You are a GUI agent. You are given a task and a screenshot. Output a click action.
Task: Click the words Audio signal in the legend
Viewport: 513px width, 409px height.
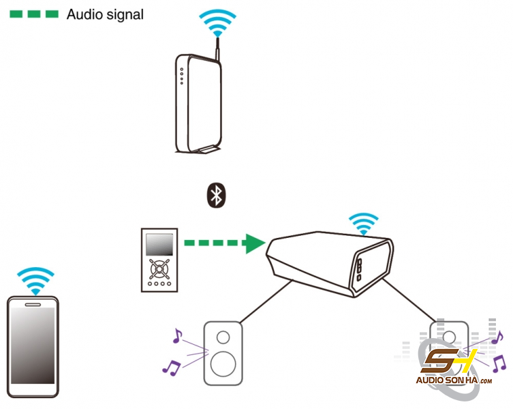point(105,14)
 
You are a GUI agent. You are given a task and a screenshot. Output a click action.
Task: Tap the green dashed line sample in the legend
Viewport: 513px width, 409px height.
point(35,14)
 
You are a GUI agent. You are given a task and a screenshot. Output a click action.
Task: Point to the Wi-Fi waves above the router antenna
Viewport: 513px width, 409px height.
point(217,23)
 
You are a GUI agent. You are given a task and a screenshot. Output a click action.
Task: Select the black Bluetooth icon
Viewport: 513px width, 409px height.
point(216,196)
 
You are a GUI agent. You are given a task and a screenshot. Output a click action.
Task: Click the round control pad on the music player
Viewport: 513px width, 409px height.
point(158,268)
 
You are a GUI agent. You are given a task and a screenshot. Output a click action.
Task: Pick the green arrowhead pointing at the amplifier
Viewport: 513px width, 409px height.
point(254,242)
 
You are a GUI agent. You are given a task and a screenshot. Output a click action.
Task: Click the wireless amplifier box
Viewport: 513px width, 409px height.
point(327,262)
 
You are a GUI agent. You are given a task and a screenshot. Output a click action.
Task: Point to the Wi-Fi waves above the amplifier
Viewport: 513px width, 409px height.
point(363,224)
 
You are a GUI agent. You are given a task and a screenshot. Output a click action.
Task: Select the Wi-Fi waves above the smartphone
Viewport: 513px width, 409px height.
point(34,279)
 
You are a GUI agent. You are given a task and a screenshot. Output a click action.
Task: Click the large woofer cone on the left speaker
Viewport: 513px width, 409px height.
point(223,363)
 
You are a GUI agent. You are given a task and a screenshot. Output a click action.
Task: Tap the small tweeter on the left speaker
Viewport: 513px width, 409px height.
point(223,337)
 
